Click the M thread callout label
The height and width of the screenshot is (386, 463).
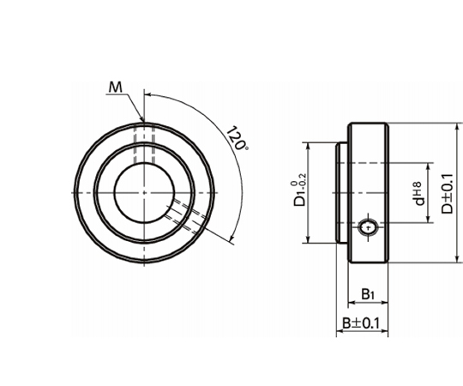116,87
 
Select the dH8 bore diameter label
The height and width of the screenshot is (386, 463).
418,194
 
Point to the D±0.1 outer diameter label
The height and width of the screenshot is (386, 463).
447,194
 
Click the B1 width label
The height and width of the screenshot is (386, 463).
368,294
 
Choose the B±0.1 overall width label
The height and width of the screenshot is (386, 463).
360,323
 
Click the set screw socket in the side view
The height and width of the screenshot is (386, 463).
368,227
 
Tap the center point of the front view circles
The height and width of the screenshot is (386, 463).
144,193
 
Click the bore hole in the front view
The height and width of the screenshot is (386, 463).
144,193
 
